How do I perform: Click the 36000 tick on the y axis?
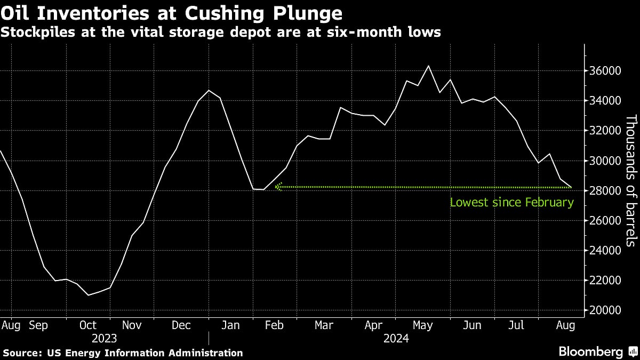click(x=604, y=71)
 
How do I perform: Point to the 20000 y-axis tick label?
click(x=604, y=310)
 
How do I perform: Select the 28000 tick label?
click(x=604, y=191)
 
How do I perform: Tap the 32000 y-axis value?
click(x=604, y=131)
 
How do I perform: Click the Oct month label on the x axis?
click(x=88, y=325)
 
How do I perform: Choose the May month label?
click(x=423, y=325)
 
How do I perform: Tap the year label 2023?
click(x=104, y=338)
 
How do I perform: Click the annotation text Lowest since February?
click(x=511, y=203)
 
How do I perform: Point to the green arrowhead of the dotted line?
click(x=277, y=187)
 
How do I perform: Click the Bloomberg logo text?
click(x=590, y=352)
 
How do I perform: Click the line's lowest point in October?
click(x=88, y=295)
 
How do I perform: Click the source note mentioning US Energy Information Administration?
click(x=123, y=353)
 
